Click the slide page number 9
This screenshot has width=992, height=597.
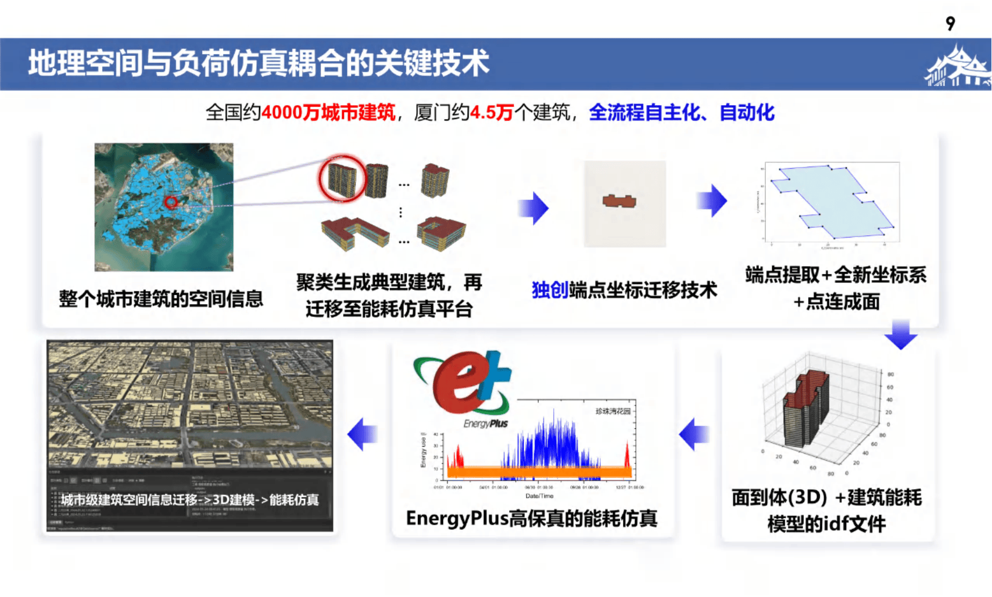coord(950,23)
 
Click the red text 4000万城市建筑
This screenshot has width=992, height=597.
coord(328,112)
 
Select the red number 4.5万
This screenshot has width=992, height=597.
coord(491,112)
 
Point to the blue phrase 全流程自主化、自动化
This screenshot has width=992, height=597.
coord(681,112)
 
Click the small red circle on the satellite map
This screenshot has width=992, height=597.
coord(171,202)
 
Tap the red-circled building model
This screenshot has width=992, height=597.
coord(342,178)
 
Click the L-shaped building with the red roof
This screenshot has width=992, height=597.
coord(355,232)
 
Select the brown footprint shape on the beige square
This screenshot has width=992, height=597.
coord(619,202)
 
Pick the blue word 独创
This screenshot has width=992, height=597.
coord(550,290)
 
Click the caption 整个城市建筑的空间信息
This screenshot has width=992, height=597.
coord(161,299)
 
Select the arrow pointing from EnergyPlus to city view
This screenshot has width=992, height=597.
coord(363,434)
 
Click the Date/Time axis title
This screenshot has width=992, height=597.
coord(539,496)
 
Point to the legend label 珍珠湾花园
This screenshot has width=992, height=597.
coord(613,411)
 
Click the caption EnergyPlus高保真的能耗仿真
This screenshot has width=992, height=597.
coord(531,518)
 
